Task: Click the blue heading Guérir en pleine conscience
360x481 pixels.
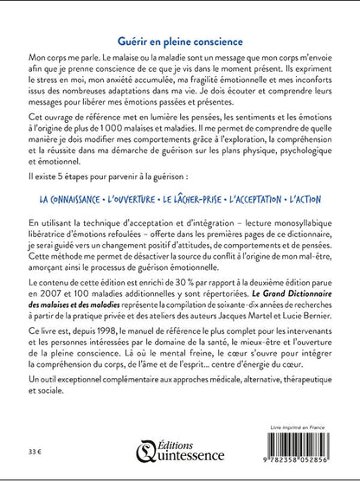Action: pyautogui.click(x=179, y=42)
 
